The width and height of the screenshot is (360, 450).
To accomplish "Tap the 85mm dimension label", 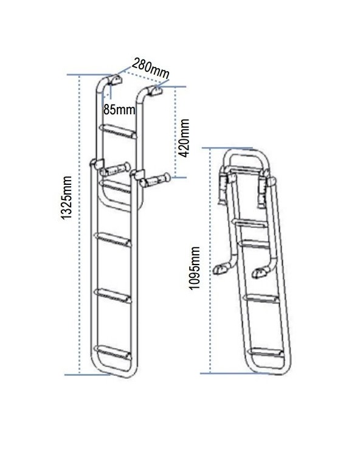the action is [119, 109].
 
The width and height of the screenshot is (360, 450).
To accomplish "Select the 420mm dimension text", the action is [184, 138].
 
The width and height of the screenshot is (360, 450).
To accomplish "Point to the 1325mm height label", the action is [66, 198].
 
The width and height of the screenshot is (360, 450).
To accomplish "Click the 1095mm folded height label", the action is [195, 268].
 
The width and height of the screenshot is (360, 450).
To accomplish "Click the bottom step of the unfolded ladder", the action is [113, 353].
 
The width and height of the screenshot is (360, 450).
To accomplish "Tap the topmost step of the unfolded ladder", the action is [118, 131].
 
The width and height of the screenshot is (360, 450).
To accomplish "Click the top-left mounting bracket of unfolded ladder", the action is [115, 80].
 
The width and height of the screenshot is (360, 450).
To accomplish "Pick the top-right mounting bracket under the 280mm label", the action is [156, 91].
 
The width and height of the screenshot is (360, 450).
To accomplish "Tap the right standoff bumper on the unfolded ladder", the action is [155, 180].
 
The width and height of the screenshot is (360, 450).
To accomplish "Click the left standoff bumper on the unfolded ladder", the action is [115, 170].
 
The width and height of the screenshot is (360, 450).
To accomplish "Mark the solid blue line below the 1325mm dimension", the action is [88, 375].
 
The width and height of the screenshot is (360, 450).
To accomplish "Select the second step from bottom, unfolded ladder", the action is [113, 296].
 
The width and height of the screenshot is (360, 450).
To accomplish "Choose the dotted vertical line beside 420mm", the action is [175, 132].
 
